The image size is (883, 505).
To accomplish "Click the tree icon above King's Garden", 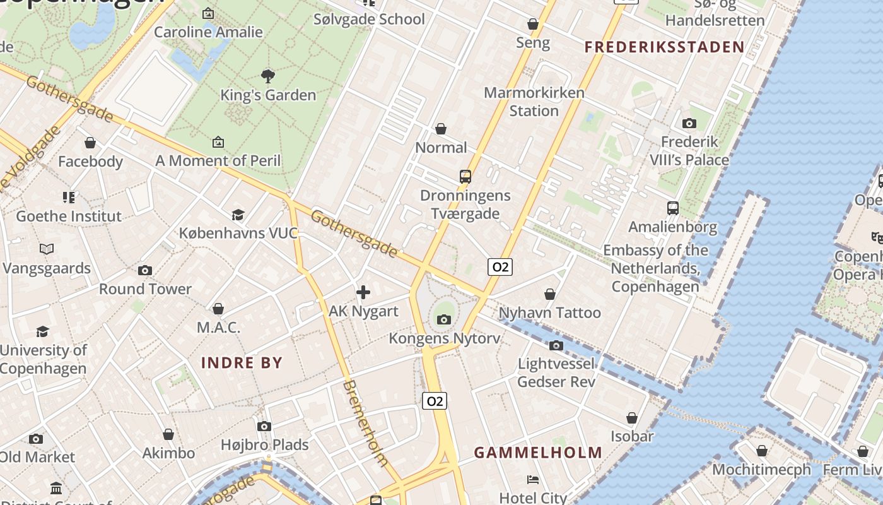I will click(x=268, y=76).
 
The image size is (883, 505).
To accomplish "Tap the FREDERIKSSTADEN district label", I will click(x=664, y=47).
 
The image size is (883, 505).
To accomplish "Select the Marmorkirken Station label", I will click(x=534, y=102).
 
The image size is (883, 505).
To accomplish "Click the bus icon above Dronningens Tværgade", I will click(x=465, y=177).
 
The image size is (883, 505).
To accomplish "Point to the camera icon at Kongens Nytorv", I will click(x=444, y=319).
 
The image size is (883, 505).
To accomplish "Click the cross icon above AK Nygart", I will click(x=363, y=292).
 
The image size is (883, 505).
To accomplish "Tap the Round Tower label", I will click(x=145, y=289).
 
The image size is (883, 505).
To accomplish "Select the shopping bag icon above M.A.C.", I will click(x=218, y=309).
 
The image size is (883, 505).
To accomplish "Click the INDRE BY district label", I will click(x=242, y=362).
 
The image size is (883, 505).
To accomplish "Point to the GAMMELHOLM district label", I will click(x=538, y=453).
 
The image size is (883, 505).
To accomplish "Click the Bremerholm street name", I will click(x=365, y=423).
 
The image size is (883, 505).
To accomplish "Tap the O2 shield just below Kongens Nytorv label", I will click(x=435, y=401).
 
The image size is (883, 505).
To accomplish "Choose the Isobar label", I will click(x=632, y=436).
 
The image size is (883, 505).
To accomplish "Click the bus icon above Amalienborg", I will click(x=673, y=208).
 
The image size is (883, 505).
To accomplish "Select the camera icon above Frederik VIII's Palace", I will click(x=689, y=123).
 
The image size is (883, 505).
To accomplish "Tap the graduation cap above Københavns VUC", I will click(x=238, y=215).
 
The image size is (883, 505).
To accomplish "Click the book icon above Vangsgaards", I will click(x=47, y=249).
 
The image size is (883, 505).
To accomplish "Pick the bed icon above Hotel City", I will click(x=533, y=480).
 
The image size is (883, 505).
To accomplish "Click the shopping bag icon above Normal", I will click(x=441, y=129).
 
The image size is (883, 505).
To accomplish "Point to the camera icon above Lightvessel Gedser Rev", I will click(x=556, y=345).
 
